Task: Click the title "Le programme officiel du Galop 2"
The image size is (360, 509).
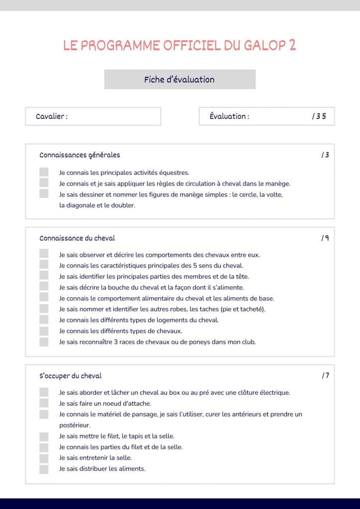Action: [180, 45]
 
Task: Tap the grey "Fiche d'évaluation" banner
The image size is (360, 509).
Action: [180, 80]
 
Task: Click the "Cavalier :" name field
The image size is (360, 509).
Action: [93, 116]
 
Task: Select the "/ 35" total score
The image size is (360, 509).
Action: [319, 116]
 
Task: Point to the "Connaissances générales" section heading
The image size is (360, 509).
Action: [80, 155]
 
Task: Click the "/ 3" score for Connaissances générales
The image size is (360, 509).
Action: [325, 155]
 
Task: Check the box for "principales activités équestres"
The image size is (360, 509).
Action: [44, 172]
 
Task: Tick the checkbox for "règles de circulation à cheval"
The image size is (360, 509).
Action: [44, 183]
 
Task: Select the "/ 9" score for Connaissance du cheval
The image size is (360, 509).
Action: [325, 238]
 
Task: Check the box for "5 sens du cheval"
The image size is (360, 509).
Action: [44, 265]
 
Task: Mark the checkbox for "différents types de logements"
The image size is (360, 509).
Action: [44, 320]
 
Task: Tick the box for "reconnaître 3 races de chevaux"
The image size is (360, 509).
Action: [44, 342]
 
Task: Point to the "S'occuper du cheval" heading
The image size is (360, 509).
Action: [71, 376]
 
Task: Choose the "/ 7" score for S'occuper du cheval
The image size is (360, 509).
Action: [325, 376]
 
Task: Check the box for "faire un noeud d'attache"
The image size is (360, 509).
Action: [44, 403]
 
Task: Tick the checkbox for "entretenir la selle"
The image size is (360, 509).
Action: [44, 458]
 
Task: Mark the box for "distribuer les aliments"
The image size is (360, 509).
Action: [44, 469]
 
